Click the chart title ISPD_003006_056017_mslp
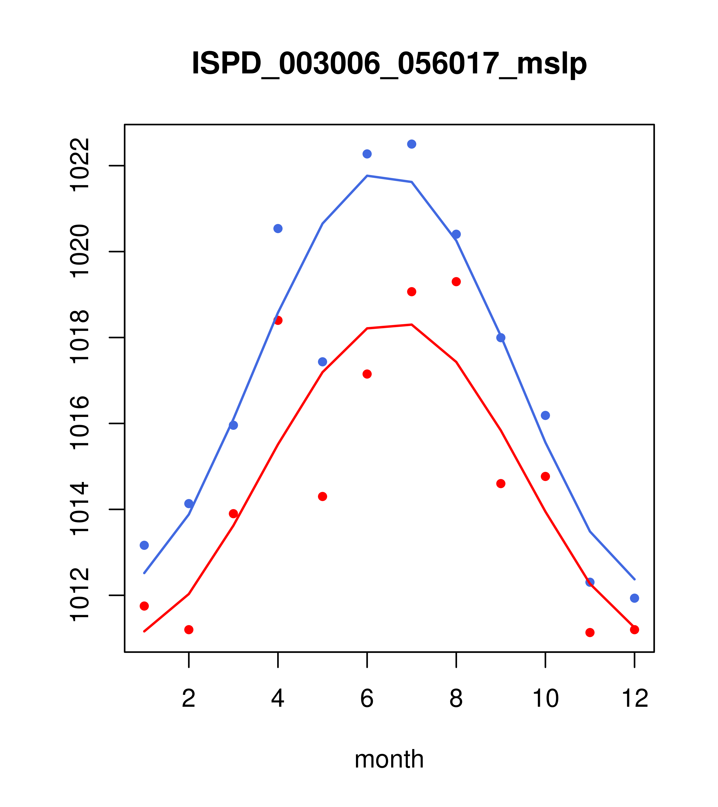click(389, 64)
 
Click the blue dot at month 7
click(411, 144)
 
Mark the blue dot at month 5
click(323, 362)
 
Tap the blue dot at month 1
click(144, 545)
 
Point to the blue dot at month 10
click(545, 415)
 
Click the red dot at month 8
click(456, 281)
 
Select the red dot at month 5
click(323, 496)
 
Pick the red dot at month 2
click(189, 629)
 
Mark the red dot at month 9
click(501, 484)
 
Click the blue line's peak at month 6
click(367, 176)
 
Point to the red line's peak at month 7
click(411, 325)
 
